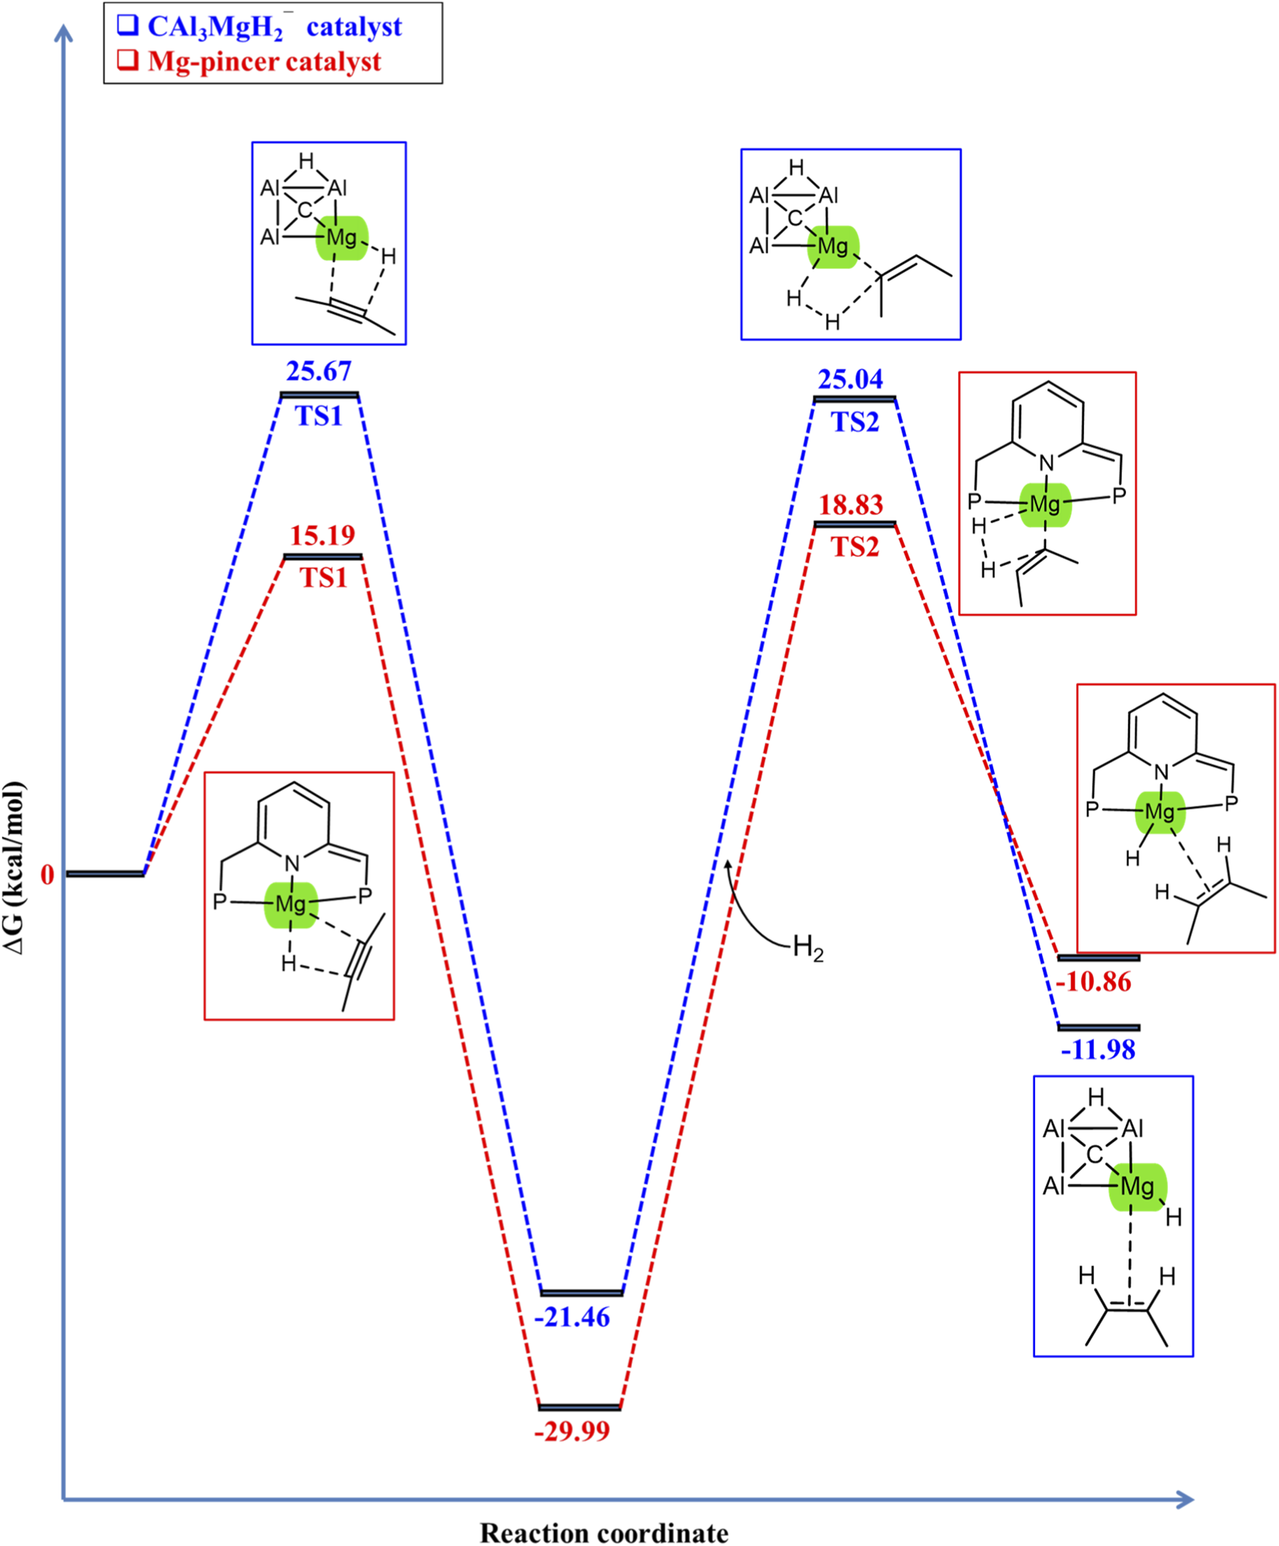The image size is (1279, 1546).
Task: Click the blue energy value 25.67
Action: (x=319, y=371)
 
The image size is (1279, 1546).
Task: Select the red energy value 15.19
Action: (x=322, y=535)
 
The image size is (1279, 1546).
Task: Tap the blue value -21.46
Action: (x=573, y=1318)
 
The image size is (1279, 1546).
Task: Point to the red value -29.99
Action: (x=573, y=1431)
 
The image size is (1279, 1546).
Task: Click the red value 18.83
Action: (x=851, y=505)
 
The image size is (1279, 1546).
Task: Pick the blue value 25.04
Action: (x=850, y=379)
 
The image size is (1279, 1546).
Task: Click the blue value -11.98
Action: (x=1098, y=1050)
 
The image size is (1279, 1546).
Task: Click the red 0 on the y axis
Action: (x=48, y=875)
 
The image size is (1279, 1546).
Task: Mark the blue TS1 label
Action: (x=319, y=416)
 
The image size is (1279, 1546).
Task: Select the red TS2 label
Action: (x=855, y=548)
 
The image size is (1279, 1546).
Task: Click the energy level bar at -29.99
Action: (x=580, y=1407)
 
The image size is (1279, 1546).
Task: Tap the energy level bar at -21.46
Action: (x=582, y=1293)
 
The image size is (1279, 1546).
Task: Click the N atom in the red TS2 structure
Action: (x=1047, y=463)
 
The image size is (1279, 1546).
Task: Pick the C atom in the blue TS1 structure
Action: (x=305, y=210)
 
